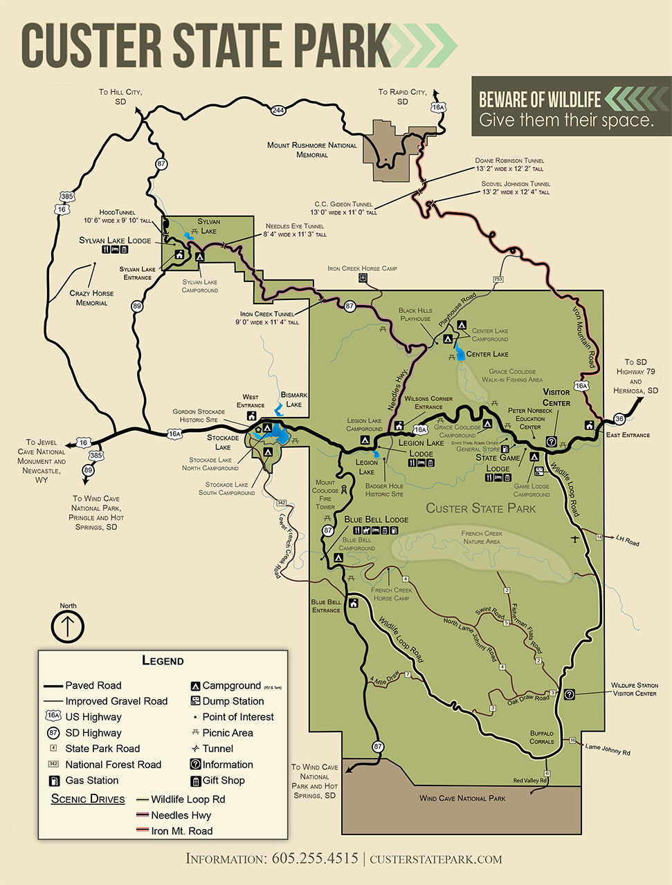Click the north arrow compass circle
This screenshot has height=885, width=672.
click(68, 626)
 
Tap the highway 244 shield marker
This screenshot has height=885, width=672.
click(278, 110)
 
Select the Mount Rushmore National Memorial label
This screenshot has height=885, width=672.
click(312, 150)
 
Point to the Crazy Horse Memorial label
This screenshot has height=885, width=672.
click(92, 298)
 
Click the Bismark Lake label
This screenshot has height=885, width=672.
click(294, 400)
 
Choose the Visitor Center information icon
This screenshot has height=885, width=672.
click(552, 442)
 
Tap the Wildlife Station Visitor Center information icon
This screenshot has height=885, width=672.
click(569, 694)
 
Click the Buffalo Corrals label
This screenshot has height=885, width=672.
click(541, 737)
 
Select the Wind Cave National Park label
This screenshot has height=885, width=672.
click(462, 799)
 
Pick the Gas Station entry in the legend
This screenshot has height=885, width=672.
click(91, 781)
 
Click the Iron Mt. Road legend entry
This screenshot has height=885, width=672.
click(181, 831)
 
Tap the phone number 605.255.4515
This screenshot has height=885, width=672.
click(315, 859)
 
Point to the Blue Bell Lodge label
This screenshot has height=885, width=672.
click(376, 519)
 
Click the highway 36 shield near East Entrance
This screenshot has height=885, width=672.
click(619, 419)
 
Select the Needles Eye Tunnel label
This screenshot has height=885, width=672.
click(295, 230)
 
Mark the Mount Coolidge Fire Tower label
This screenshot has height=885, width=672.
click(325, 494)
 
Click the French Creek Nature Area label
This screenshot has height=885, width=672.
click(482, 537)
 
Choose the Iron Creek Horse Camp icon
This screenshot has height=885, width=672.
click(363, 278)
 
